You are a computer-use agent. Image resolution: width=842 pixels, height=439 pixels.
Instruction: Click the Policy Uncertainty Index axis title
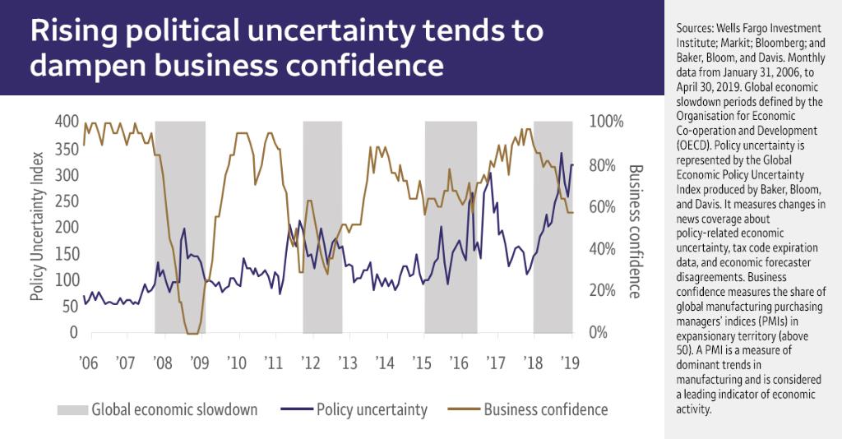(x=36, y=226)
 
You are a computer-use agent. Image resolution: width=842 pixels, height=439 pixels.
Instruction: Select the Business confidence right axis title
(x=635, y=231)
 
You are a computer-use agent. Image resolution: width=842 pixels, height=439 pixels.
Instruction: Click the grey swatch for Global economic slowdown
(x=71, y=409)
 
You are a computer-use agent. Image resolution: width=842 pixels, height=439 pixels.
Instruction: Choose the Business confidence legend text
(x=546, y=409)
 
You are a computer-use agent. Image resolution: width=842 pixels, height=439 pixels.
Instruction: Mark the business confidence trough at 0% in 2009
(x=192, y=333)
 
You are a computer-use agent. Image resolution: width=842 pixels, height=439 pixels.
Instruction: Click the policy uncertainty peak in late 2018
(x=562, y=154)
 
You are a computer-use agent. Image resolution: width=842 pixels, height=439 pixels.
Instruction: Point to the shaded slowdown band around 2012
(x=322, y=226)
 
